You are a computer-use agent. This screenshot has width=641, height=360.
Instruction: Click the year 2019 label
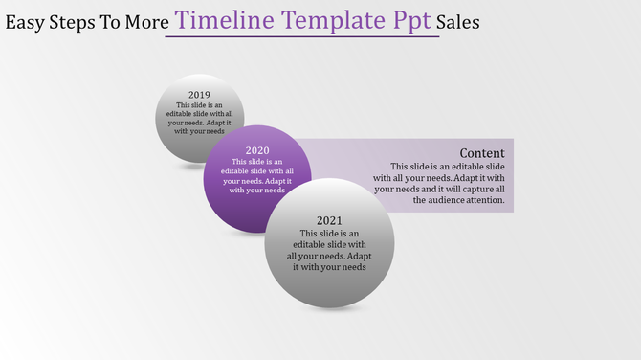pyautogui.click(x=199, y=94)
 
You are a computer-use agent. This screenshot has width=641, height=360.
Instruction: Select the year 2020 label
pyautogui.click(x=257, y=150)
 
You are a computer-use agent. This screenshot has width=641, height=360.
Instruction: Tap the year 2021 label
pyautogui.click(x=329, y=220)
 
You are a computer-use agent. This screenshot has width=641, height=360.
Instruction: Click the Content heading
pyautogui.click(x=482, y=153)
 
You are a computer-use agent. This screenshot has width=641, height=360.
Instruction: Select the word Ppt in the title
pyautogui.click(x=409, y=21)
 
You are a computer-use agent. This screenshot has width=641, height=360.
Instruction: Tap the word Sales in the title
pyautogui.click(x=457, y=21)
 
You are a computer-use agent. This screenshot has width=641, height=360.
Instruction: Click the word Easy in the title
pyautogui.click(x=24, y=21)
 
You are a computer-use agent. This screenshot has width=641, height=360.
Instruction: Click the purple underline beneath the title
pyautogui.click(x=301, y=37)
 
